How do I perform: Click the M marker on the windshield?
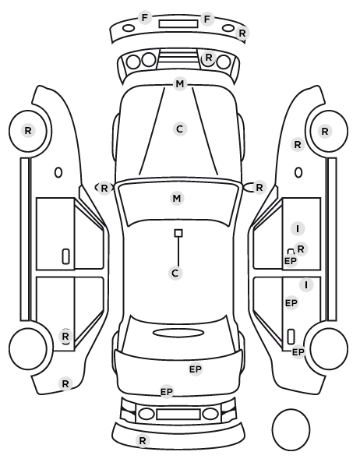[177, 198]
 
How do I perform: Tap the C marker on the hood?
[180, 129]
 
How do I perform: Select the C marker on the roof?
[175, 273]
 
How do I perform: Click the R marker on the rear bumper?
[143, 440]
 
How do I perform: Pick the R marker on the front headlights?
[209, 58]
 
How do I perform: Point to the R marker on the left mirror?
[104, 188]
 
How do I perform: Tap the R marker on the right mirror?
[259, 188]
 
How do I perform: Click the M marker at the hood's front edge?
[180, 84]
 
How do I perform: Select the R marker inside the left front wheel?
[28, 130]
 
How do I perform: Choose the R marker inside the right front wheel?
[325, 132]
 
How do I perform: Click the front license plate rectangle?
[178, 24]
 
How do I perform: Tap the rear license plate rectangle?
[178, 415]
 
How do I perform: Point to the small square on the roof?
[178, 233]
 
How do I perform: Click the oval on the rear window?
[178, 333]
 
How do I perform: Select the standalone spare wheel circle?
[291, 429]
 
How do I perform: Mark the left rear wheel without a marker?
[28, 348]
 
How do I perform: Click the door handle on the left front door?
[66, 256]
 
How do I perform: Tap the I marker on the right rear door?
[306, 285]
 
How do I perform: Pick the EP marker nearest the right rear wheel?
[298, 352]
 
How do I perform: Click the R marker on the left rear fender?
[65, 383]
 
